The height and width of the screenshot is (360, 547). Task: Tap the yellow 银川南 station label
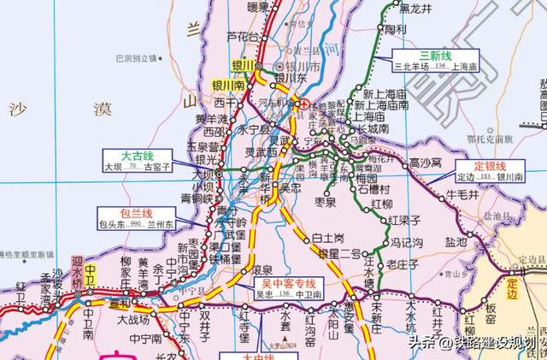228,86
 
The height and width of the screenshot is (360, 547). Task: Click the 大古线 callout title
137,156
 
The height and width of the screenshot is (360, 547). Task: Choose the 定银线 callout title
491,165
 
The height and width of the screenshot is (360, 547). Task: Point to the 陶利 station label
395,29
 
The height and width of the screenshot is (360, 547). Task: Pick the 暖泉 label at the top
258,8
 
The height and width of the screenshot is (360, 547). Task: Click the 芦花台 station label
242,37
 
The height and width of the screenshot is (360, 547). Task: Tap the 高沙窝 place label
425,162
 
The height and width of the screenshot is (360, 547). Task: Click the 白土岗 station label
326,237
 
